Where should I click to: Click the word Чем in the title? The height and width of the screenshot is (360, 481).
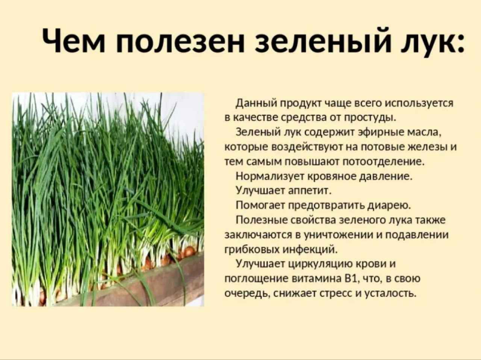click(x=74, y=42)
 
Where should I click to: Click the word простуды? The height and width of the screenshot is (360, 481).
click(x=371, y=118)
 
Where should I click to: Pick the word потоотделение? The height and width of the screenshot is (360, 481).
click(x=384, y=162)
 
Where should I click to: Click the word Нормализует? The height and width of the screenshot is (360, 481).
click(x=270, y=176)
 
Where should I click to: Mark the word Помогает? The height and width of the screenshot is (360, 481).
click(x=260, y=206)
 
